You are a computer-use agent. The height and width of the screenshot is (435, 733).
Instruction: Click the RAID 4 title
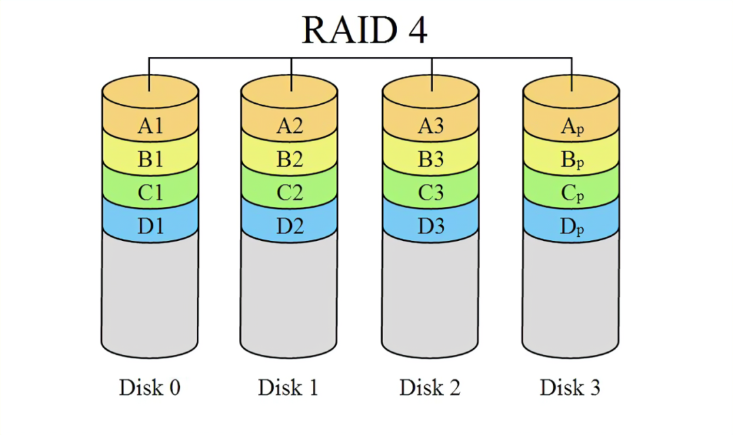click(x=364, y=29)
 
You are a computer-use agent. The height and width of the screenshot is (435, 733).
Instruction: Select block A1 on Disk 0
click(x=150, y=126)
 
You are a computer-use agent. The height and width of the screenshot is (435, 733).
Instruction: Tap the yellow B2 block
click(x=290, y=159)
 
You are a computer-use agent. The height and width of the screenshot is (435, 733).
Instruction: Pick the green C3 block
click(x=431, y=193)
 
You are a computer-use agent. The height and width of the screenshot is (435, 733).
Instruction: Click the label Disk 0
click(x=150, y=387)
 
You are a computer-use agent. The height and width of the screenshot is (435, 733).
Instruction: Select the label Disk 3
click(x=570, y=387)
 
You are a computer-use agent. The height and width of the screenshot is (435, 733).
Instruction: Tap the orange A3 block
click(x=431, y=126)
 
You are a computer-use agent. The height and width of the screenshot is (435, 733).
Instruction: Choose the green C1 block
click(x=150, y=193)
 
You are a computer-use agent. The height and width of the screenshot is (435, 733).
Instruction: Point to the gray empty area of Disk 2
click(x=430, y=292)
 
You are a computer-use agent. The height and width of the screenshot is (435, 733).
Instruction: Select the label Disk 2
click(x=430, y=387)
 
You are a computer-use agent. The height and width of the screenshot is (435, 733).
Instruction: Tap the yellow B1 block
click(x=150, y=159)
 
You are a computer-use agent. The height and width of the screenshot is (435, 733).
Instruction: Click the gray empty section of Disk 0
click(x=150, y=292)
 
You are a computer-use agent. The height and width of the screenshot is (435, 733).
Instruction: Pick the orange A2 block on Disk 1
click(x=290, y=126)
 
